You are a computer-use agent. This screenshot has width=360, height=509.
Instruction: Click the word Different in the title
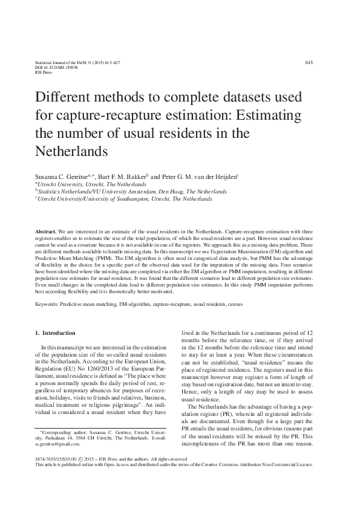tap(64, 98)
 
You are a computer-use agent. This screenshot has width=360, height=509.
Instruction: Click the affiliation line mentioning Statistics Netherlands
tap(132, 190)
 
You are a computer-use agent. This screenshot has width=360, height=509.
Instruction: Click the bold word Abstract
tap(45, 232)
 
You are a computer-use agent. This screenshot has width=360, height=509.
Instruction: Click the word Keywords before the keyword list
tap(48, 304)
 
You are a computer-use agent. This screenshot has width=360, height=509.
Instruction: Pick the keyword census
tap(235, 304)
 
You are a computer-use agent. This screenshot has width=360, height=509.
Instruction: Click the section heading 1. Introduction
tap(55, 332)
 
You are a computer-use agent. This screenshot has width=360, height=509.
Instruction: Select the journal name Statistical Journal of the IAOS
tap(64, 63)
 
